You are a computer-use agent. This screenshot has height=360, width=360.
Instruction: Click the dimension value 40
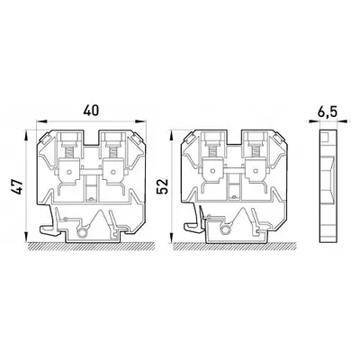click(x=91, y=111)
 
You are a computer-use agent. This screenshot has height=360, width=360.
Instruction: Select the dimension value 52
click(x=163, y=186)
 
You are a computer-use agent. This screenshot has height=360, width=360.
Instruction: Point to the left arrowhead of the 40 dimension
click(x=41, y=121)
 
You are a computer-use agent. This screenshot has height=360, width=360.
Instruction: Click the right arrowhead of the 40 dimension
click(x=140, y=121)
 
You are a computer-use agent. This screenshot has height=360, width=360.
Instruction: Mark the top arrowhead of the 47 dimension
click(x=27, y=136)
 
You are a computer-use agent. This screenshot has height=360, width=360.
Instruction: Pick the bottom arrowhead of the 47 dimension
click(x=27, y=237)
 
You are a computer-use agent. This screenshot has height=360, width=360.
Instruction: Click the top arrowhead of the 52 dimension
click(x=171, y=136)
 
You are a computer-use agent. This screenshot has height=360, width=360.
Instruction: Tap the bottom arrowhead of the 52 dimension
click(x=171, y=237)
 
